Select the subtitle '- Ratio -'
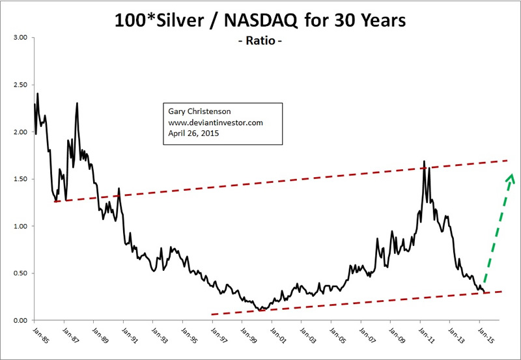pos(260,43)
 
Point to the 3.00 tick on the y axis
pos(20,38)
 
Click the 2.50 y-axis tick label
pos(20,85)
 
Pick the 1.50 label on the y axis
pos(20,179)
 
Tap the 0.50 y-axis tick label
pos(20,273)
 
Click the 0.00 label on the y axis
pos(20,320)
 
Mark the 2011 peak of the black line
pos(425,161)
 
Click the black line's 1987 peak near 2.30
pos(77,103)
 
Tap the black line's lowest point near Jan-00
pos(261,310)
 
